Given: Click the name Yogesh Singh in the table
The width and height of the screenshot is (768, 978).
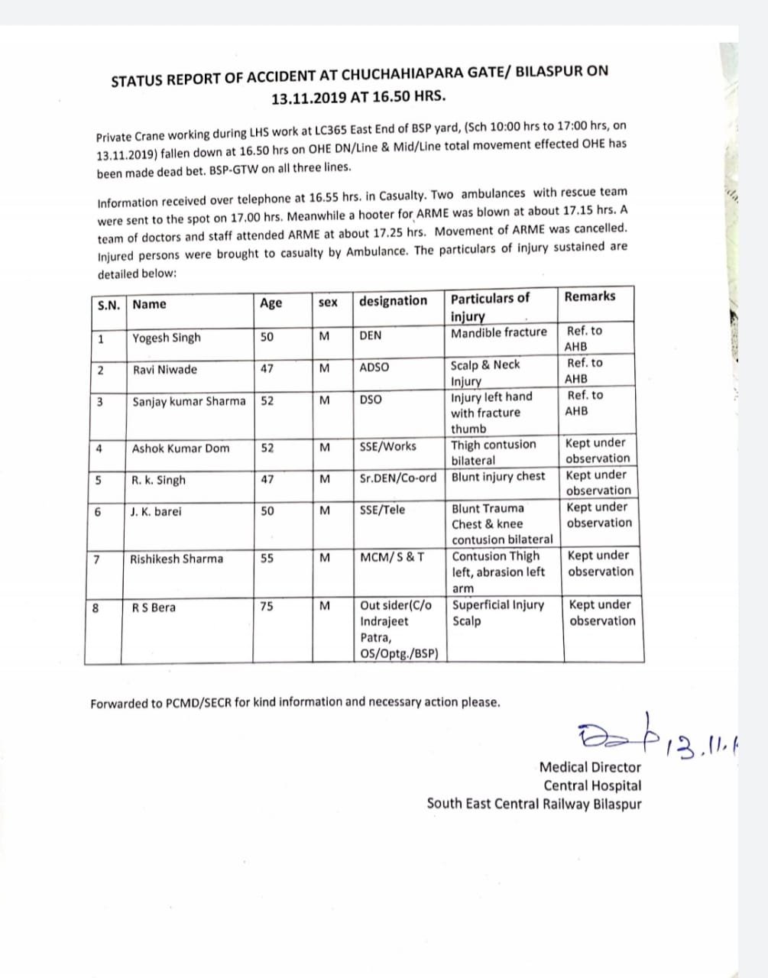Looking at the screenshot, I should (167, 338).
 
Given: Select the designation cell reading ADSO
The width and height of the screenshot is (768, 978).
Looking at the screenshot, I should (374, 368).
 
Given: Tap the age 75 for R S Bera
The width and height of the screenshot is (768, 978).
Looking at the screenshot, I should (267, 606).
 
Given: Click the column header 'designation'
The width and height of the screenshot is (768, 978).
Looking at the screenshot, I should (394, 301).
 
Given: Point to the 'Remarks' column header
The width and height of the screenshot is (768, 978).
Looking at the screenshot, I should (589, 296).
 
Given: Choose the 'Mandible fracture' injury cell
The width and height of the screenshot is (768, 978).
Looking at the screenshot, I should (499, 332).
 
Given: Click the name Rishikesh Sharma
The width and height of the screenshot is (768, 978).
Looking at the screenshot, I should (177, 559).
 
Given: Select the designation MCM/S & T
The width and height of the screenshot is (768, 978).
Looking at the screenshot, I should (393, 557).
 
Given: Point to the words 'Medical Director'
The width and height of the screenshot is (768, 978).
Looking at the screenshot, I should (590, 767).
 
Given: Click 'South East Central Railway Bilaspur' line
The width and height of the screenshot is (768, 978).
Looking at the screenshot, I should (534, 804).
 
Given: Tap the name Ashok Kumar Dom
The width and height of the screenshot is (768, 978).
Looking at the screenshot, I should (180, 449).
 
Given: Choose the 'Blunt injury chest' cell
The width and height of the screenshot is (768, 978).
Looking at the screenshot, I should (499, 477).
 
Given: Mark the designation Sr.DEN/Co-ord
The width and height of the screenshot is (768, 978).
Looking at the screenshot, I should (398, 478).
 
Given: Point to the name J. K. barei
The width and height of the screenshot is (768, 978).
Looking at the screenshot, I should (157, 511).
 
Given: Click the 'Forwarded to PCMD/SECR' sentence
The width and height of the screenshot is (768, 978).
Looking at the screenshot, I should (295, 702).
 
